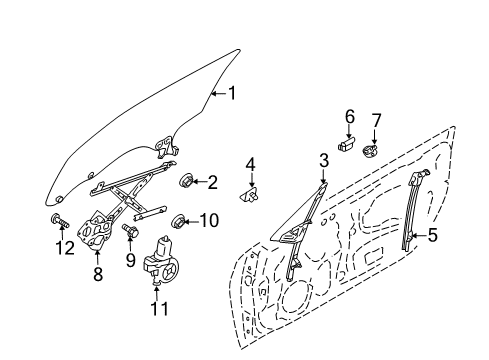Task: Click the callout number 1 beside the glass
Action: (x=232, y=93)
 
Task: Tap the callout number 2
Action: (x=212, y=182)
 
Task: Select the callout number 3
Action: (x=324, y=161)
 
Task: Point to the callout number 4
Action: (x=250, y=165)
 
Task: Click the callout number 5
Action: (x=432, y=235)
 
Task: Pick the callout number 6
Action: (x=349, y=117)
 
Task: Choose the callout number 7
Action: (x=376, y=121)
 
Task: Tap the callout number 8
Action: (x=97, y=274)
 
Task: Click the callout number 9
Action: (x=130, y=260)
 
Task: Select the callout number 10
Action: (x=209, y=220)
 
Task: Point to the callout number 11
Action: (x=160, y=308)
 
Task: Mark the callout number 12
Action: (x=65, y=248)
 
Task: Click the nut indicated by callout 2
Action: (x=185, y=180)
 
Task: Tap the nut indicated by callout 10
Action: (x=177, y=221)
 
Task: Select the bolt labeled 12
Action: (x=59, y=220)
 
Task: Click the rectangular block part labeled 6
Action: (x=347, y=144)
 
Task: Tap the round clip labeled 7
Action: (x=370, y=152)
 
